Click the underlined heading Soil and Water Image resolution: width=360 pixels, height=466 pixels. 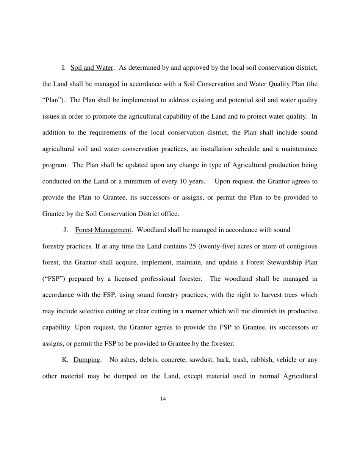click(92, 68)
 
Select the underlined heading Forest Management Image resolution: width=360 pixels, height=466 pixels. click(103, 230)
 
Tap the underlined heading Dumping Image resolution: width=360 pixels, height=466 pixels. click(87, 360)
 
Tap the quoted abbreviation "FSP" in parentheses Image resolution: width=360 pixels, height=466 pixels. click(53, 279)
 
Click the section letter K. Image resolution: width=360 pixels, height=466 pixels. click(64, 360)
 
